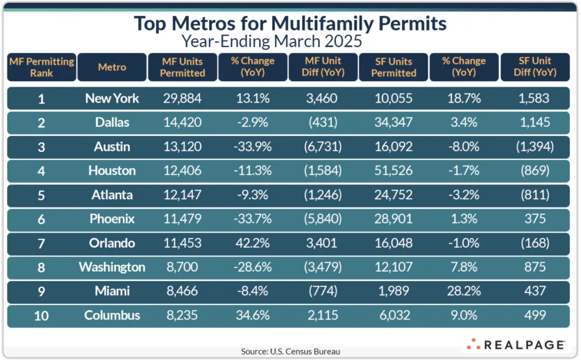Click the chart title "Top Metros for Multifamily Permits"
pos(290,24)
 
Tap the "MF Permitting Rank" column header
pos(41,67)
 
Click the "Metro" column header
pos(112,67)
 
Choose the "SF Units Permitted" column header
pos(394,67)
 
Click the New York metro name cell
pos(112,98)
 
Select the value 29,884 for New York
pos(182,98)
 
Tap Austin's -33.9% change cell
pos(252,146)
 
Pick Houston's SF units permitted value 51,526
pos(394,171)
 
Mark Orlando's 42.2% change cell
pos(252,243)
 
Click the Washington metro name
pos(112,267)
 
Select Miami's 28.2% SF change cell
pos(464,291)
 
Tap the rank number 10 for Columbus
pos(41,315)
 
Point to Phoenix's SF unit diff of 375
pos(534,219)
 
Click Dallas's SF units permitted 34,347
pos(394,122)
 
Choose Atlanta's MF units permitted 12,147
pos(182,194)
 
